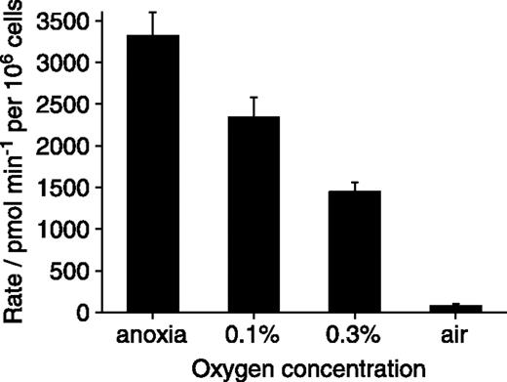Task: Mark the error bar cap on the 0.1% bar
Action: tap(253, 98)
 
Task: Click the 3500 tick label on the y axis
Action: tap(66, 21)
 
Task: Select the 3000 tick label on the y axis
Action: tap(66, 63)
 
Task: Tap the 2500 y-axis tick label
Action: tap(66, 105)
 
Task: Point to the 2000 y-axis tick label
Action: tap(66, 147)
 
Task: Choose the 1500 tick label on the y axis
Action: tap(66, 188)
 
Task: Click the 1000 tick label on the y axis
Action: tap(66, 230)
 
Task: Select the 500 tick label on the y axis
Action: tap(73, 272)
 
